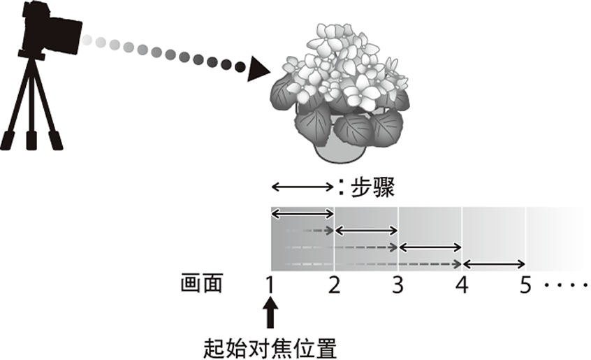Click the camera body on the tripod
(x=52, y=31)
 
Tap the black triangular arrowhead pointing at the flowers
(x=258, y=69)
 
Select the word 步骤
(x=372, y=187)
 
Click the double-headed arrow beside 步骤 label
(x=302, y=186)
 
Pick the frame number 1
(x=270, y=285)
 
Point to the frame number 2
(x=335, y=285)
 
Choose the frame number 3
(x=397, y=285)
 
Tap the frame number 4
(x=462, y=285)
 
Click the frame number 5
(x=525, y=285)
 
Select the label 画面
(x=201, y=283)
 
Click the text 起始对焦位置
(x=270, y=348)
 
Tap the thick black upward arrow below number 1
(x=270, y=312)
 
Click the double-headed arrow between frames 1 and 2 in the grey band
(x=302, y=214)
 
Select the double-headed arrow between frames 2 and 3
(x=366, y=230)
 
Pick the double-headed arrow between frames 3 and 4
(x=430, y=247)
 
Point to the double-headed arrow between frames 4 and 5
(x=494, y=264)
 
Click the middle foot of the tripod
(x=31, y=141)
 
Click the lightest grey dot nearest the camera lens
(x=87, y=40)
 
